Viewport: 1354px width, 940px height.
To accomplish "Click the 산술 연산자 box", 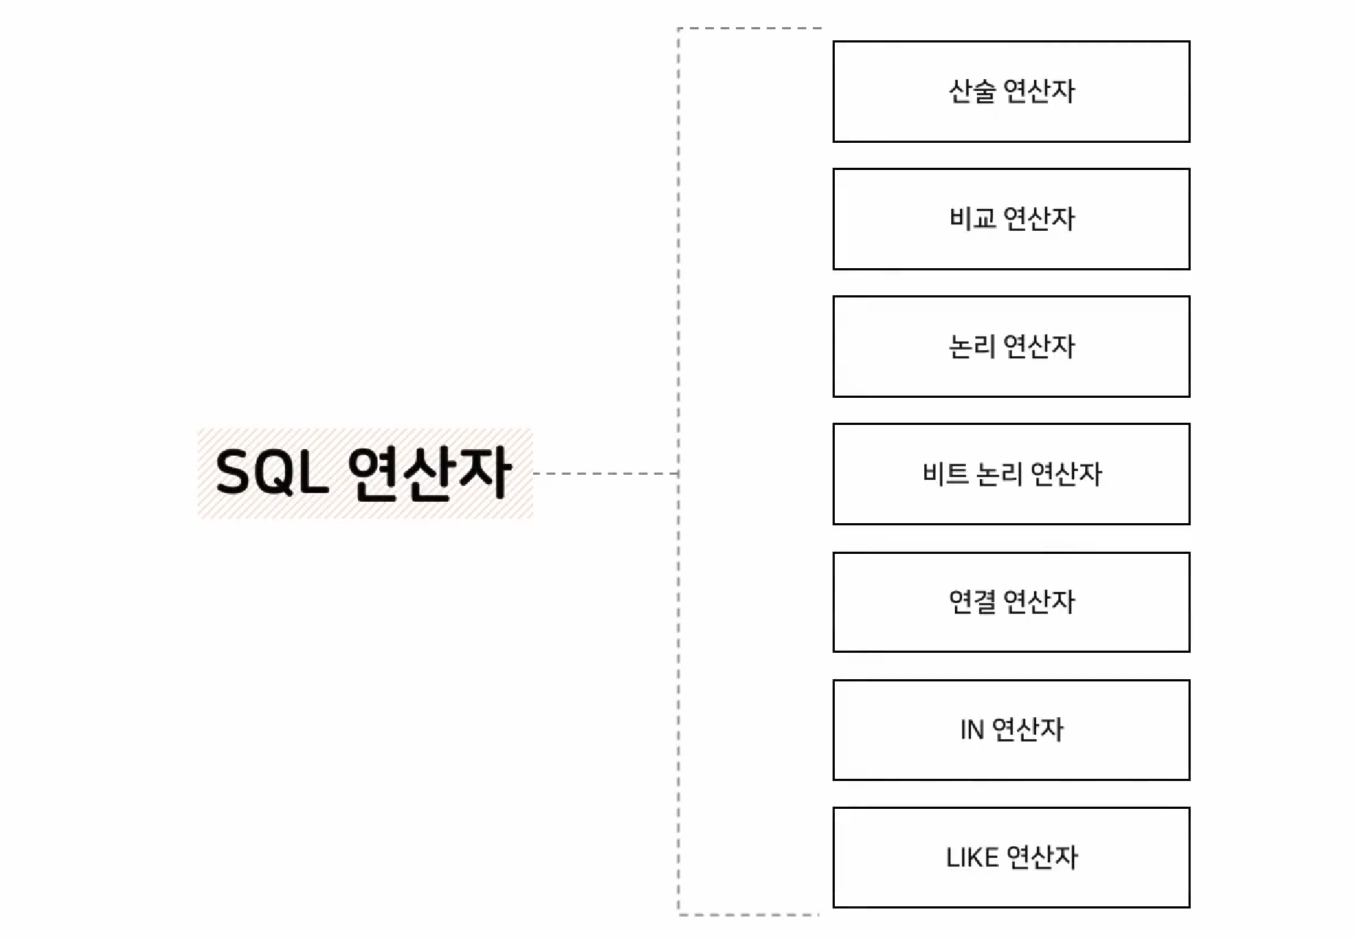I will pos(1011,92).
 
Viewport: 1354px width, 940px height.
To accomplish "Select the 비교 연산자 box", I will pos(1011,219).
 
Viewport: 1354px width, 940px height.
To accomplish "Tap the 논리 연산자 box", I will pos(1011,347).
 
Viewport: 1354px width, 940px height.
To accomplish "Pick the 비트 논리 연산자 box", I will pos(1011,474).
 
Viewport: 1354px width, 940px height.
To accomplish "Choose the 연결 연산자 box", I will pos(1011,602).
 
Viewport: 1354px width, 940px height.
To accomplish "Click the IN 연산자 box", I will pos(1011,730).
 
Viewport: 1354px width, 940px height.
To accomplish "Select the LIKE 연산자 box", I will pos(1011,857).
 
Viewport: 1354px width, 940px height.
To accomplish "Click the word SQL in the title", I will pos(272,473).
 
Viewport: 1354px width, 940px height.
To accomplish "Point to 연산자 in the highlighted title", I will pos(429,473).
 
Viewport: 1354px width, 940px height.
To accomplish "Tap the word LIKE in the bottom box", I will pos(972,857).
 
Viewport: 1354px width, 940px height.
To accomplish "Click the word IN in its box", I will pos(972,730).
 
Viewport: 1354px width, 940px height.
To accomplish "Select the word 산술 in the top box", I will pos(972,92).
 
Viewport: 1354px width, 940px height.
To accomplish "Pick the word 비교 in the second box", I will pos(972,219).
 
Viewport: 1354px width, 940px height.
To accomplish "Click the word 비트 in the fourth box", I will pos(945,474).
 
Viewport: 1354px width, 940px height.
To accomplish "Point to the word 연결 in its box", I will pos(972,602).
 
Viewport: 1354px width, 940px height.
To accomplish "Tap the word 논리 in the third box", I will pos(972,347).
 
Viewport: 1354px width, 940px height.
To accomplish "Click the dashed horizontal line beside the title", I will pos(606,473).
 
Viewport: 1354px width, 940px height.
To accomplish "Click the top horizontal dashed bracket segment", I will pos(750,29).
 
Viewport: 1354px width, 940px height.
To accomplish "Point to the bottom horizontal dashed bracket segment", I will pos(748,914).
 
